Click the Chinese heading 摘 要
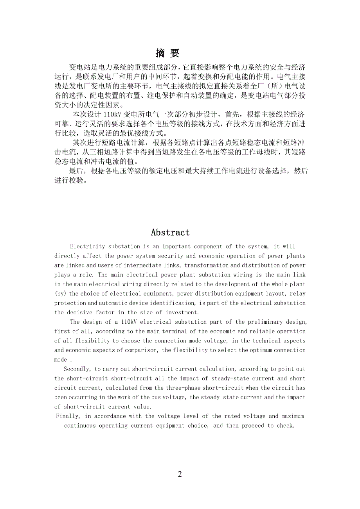[167, 53]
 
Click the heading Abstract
[170, 232]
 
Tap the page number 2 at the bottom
[180, 474]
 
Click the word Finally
[68, 416]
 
